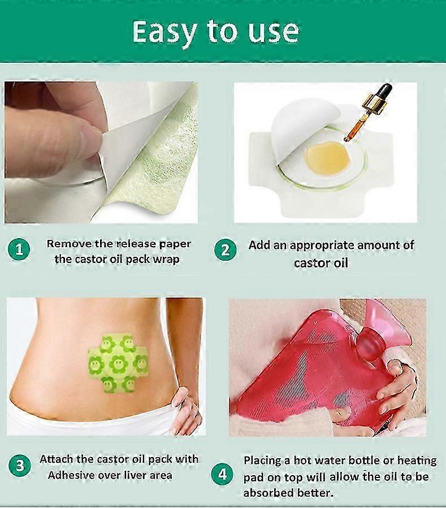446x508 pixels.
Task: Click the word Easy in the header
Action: [x=164, y=32]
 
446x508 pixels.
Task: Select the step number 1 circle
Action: [x=19, y=249]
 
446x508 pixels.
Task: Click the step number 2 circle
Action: [x=226, y=250]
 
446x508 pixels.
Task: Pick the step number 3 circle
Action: [x=20, y=466]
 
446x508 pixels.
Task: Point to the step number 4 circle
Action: [x=223, y=475]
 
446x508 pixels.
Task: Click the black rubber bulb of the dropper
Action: [x=384, y=90]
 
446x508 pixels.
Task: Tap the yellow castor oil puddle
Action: [x=327, y=158]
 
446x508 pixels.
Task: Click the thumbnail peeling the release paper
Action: [x=101, y=152]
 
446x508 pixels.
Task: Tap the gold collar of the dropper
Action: [x=371, y=104]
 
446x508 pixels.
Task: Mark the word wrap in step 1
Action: [x=166, y=260]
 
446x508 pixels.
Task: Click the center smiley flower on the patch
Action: [x=118, y=364]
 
